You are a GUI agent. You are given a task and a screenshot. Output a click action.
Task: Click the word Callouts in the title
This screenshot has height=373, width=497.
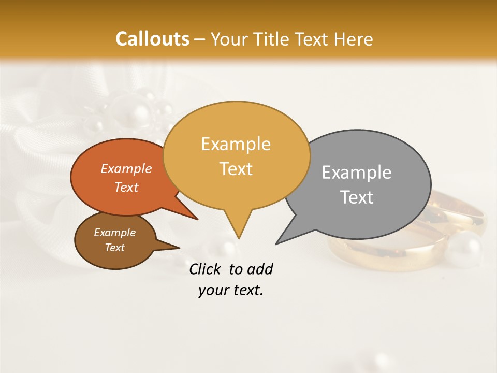coord(152,39)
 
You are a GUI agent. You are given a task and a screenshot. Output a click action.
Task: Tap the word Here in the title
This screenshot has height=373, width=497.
coord(354,39)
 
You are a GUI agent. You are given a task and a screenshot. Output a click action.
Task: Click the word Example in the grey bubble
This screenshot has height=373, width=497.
coord(357,173)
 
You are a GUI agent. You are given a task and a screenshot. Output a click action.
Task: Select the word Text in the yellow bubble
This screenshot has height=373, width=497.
coord(236,169)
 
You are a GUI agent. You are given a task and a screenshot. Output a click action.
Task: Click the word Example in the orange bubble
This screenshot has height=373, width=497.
coord(126,168)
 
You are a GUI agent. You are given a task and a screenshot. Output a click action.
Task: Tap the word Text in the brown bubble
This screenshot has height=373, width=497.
coord(115,248)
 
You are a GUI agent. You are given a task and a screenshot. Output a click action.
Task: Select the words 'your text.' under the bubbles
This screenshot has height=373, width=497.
coord(231,291)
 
